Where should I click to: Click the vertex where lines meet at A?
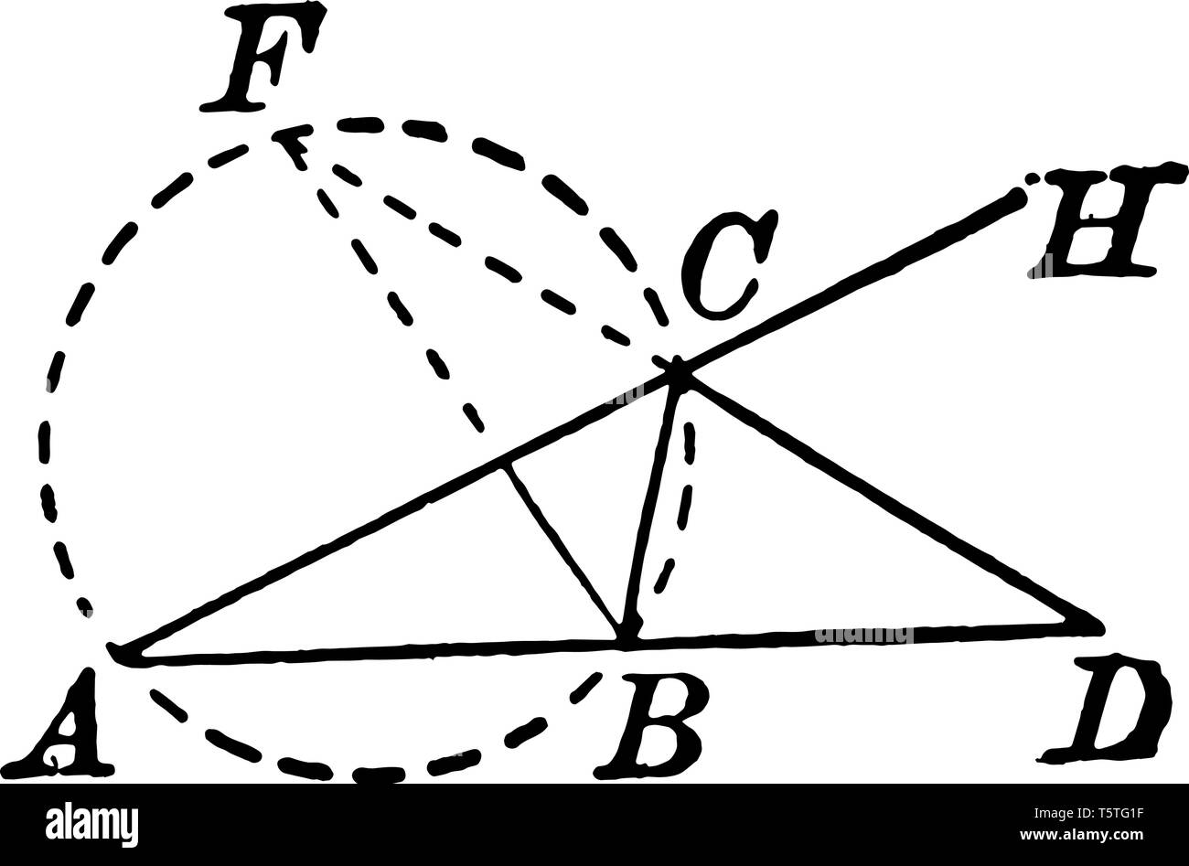pyautogui.click(x=119, y=652)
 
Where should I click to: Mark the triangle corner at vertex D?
pyautogui.click(x=1094, y=625)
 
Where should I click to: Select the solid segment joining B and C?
pyautogui.click(x=651, y=508)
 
